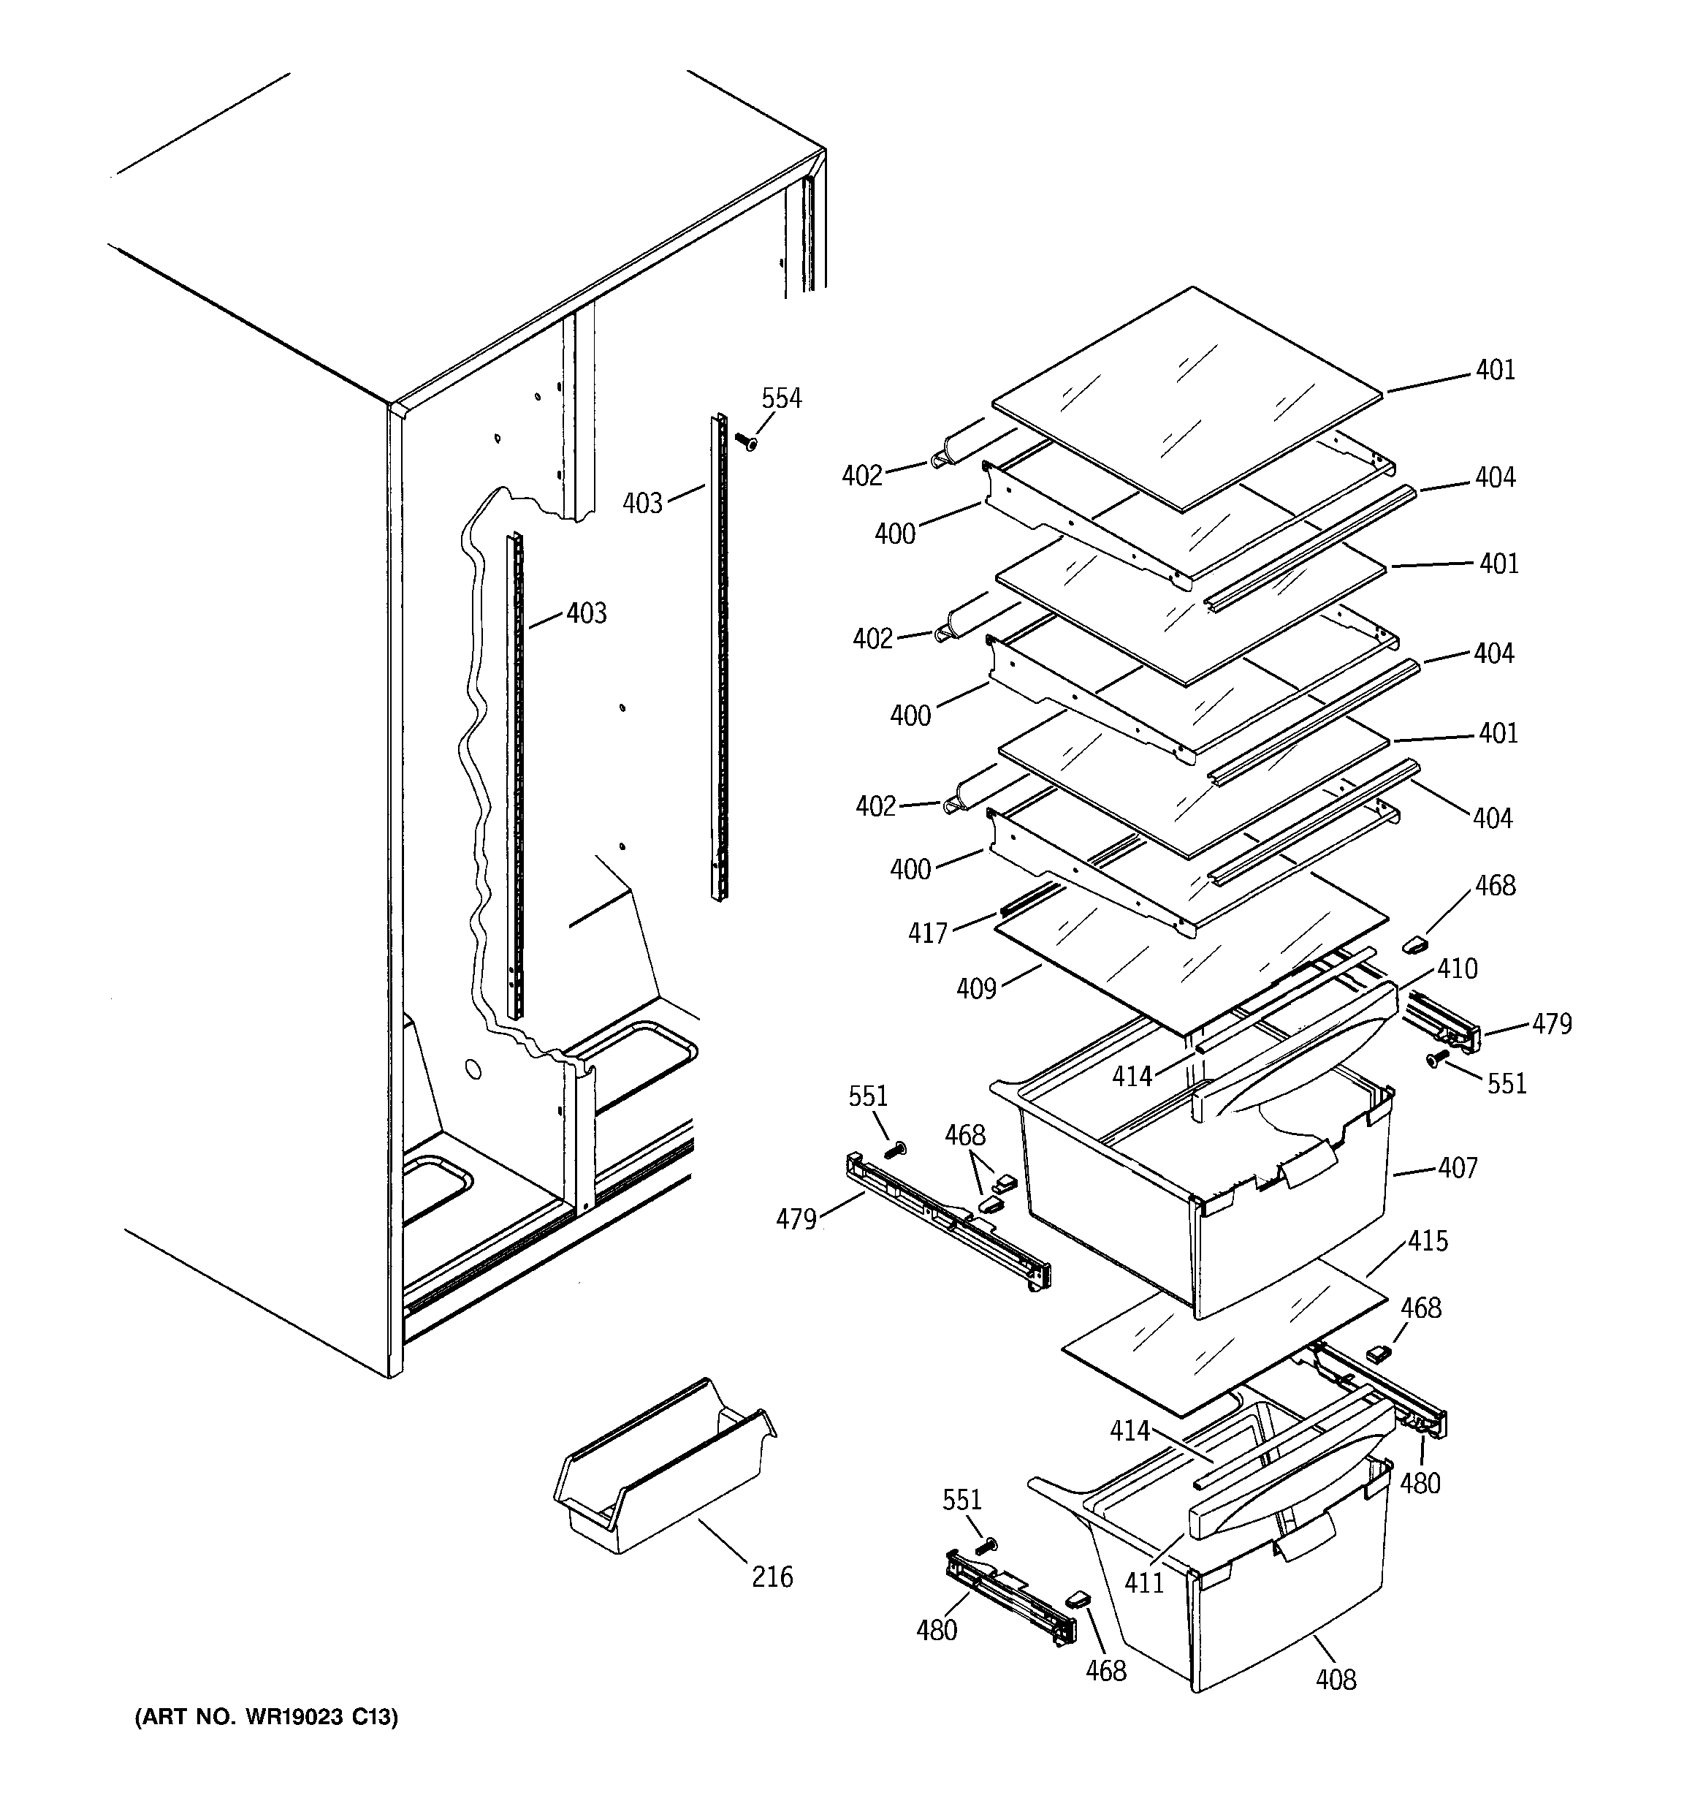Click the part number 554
point(782,398)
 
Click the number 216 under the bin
point(772,1576)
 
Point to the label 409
point(976,988)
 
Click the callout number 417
point(927,933)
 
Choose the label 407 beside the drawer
point(1458,1167)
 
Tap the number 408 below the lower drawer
point(1336,1680)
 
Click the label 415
point(1428,1241)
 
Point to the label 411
point(1143,1583)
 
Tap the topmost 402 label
point(861,476)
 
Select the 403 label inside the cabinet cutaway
point(586,613)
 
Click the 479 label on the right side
point(1551,1025)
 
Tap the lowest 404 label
point(1492,819)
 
